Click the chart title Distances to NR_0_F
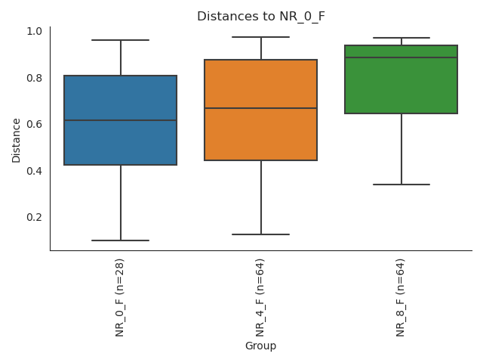(x=260, y=16)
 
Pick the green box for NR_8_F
(x=401, y=87)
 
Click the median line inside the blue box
(x=121, y=120)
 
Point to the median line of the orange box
(x=260, y=108)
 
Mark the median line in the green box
(x=401, y=57)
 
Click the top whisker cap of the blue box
(x=121, y=40)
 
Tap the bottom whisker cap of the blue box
(x=121, y=240)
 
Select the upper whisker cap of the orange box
(x=260, y=37)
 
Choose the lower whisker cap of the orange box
(x=260, y=234)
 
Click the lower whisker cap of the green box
(x=401, y=185)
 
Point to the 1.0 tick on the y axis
(x=35, y=31)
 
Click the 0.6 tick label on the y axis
(x=35, y=124)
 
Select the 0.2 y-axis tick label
(x=35, y=217)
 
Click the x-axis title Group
(x=260, y=346)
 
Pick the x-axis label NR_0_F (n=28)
(x=120, y=297)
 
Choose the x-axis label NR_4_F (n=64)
(x=260, y=297)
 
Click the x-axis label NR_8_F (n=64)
(x=401, y=297)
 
